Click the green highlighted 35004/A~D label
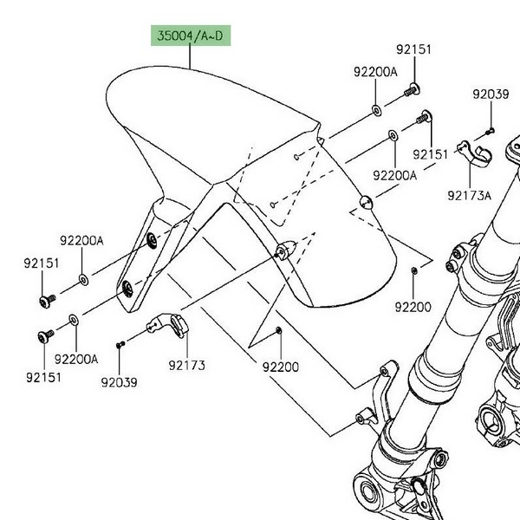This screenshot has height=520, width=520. [189, 36]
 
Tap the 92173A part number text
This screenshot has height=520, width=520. [469, 195]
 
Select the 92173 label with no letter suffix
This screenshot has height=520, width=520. [186, 366]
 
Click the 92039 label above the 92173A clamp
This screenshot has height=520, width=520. [490, 94]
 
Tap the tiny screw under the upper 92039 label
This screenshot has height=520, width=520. [490, 130]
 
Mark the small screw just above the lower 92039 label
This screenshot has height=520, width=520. [121, 345]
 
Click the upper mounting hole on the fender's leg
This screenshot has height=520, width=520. [152, 240]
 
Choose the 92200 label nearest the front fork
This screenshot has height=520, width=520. [413, 307]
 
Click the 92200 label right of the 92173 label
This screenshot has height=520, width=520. [280, 367]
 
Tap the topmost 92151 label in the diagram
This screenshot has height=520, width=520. [414, 50]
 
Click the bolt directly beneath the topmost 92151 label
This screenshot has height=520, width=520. [413, 88]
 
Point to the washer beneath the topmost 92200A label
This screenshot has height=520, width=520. [376, 110]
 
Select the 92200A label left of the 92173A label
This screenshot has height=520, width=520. [395, 175]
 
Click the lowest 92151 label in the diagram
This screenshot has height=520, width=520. [42, 377]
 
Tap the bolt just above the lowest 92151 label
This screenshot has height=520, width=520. [44, 336]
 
